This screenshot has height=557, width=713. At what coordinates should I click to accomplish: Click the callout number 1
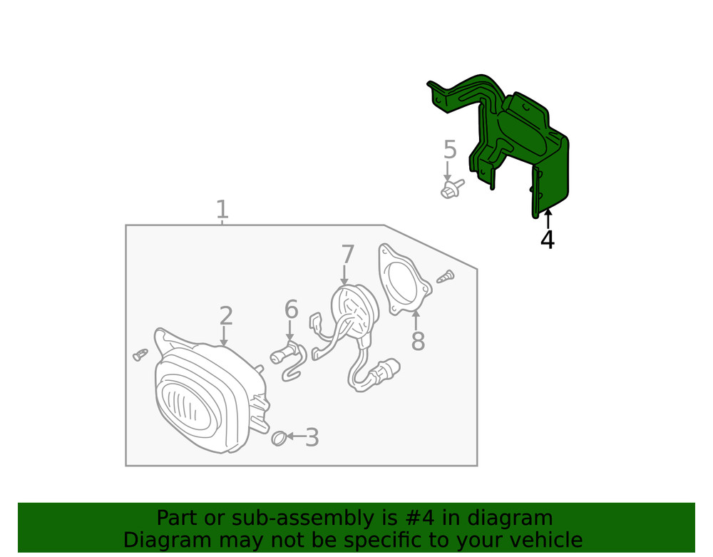click(222, 210)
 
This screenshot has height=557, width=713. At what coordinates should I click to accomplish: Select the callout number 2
click(225, 316)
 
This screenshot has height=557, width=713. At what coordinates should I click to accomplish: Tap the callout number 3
click(312, 438)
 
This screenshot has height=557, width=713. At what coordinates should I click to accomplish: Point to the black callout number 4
click(547, 240)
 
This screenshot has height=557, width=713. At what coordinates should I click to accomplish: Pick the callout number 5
click(449, 150)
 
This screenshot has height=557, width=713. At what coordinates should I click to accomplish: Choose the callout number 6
click(291, 310)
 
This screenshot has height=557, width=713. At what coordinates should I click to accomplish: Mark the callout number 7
click(347, 255)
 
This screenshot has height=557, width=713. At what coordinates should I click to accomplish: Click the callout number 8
click(418, 342)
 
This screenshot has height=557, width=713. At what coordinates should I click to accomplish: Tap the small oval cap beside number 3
click(278, 437)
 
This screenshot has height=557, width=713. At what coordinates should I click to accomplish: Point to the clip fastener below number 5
click(450, 190)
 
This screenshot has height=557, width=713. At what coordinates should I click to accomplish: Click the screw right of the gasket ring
click(443, 276)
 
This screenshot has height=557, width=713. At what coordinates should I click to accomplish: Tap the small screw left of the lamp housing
click(140, 354)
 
